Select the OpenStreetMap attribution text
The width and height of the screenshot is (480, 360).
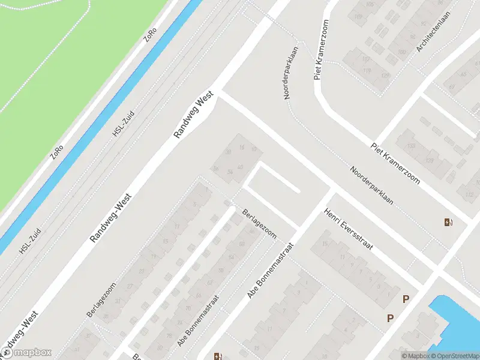[452, 356]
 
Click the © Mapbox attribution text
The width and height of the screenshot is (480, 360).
[415, 356]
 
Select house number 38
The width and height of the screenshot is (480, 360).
[228, 152]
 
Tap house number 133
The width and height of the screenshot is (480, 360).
[411, 146]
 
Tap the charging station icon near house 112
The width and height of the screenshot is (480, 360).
[448, 223]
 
